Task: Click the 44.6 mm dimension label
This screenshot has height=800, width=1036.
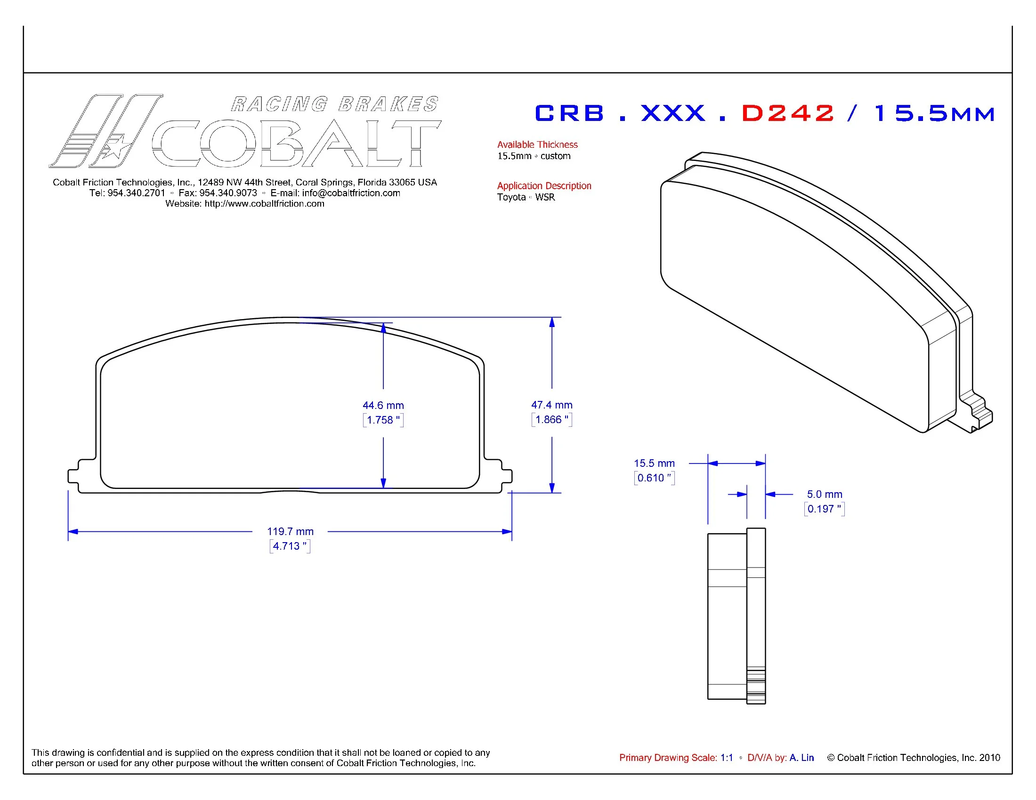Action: click(383, 405)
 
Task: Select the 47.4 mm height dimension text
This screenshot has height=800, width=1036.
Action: click(551, 405)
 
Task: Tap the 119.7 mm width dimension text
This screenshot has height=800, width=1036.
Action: click(290, 531)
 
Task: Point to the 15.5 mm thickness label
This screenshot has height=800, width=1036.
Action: click(654, 463)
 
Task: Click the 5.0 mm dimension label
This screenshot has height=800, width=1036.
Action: click(825, 494)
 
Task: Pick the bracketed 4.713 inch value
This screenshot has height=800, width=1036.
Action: click(290, 546)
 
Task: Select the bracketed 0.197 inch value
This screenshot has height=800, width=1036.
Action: click(824, 509)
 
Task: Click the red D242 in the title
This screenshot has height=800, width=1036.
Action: click(787, 113)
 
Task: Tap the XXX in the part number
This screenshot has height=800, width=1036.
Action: click(673, 113)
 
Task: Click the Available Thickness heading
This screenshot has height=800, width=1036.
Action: click(537, 144)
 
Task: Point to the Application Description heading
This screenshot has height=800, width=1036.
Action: click(543, 186)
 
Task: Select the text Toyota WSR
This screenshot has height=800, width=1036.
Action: click(526, 197)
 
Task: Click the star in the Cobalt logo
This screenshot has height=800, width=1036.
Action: click(115, 147)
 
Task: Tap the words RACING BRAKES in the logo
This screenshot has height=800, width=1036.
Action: click(335, 104)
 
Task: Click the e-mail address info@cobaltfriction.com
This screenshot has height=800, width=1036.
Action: click(351, 193)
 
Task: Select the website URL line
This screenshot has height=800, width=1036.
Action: click(245, 204)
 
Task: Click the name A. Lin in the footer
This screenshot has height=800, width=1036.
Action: click(801, 757)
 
